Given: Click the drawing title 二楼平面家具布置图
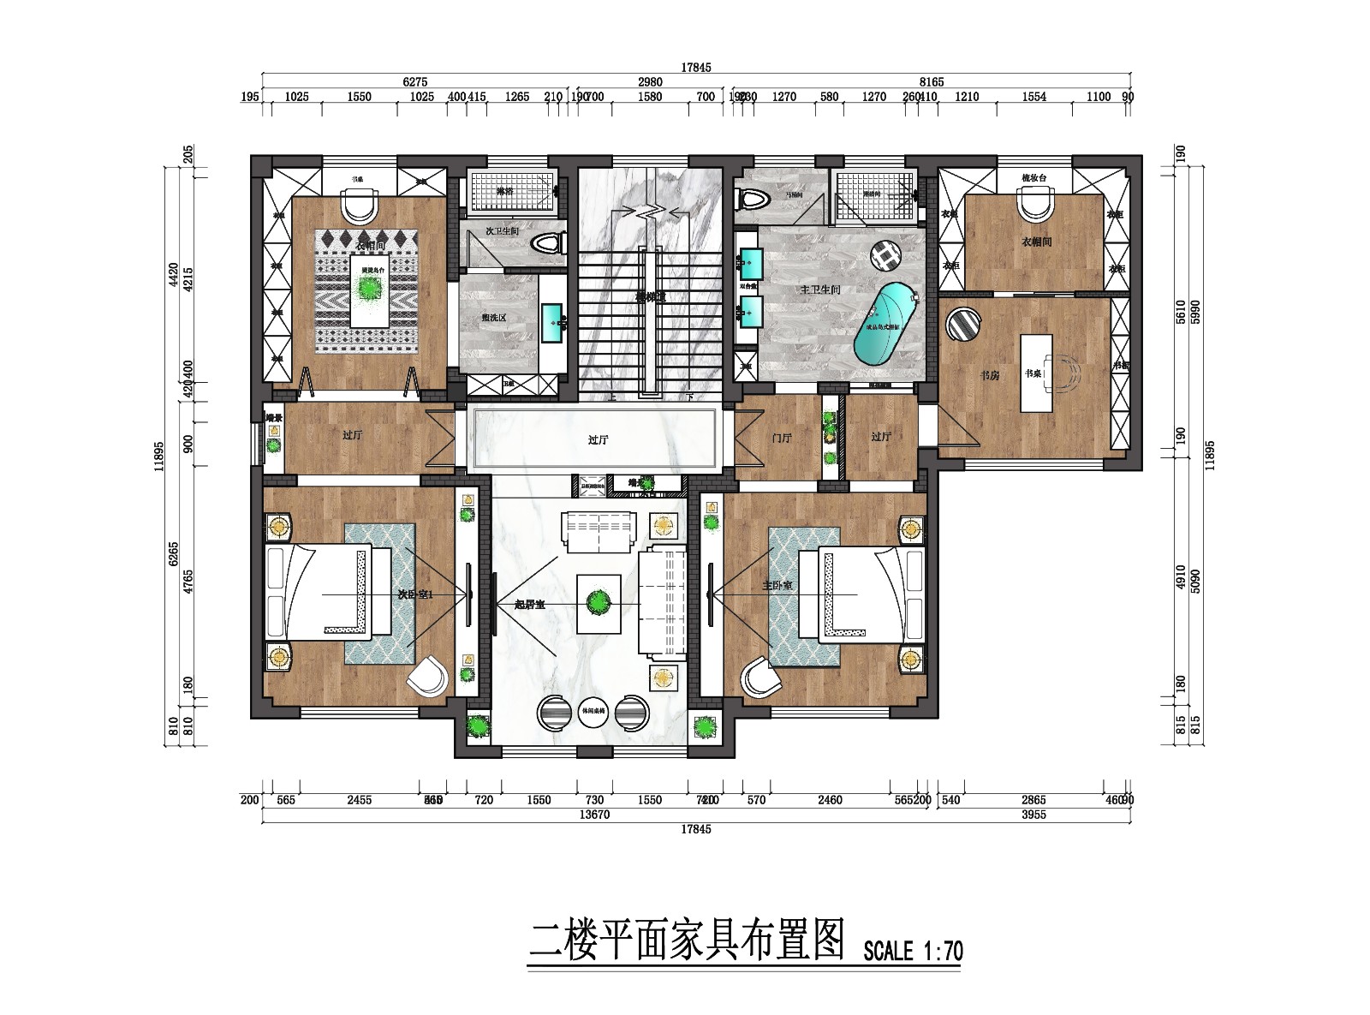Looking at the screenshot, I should point(687,940).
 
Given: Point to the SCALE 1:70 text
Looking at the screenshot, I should point(913,951).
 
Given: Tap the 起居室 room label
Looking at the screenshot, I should point(529,605).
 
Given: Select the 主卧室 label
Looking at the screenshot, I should point(777,586).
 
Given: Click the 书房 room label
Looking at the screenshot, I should point(989,375).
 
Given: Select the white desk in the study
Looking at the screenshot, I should point(1035,373).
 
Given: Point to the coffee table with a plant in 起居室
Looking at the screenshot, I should point(599,603).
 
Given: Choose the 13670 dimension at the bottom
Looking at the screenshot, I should point(593,815).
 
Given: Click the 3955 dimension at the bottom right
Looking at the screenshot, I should point(1033,815).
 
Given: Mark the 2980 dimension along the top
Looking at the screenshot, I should point(650,82).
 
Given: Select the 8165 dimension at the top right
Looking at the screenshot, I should point(932,82).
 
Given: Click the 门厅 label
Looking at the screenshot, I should point(781,438).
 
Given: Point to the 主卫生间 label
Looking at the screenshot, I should point(820,290).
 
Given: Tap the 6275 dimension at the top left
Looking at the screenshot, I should point(414,82).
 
